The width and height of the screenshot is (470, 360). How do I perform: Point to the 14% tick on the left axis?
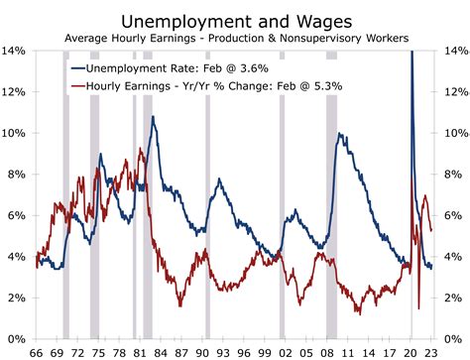(16, 51)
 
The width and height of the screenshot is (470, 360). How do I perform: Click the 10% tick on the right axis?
(452, 133)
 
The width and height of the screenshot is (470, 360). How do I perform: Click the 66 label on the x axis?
(38, 351)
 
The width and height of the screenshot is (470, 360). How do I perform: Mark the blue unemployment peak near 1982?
(153, 118)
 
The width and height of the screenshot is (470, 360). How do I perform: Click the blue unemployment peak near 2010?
(339, 135)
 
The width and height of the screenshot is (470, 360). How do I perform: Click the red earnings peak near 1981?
(141, 150)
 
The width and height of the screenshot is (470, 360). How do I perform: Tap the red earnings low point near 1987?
(179, 304)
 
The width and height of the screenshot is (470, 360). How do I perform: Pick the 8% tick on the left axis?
(19, 175)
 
